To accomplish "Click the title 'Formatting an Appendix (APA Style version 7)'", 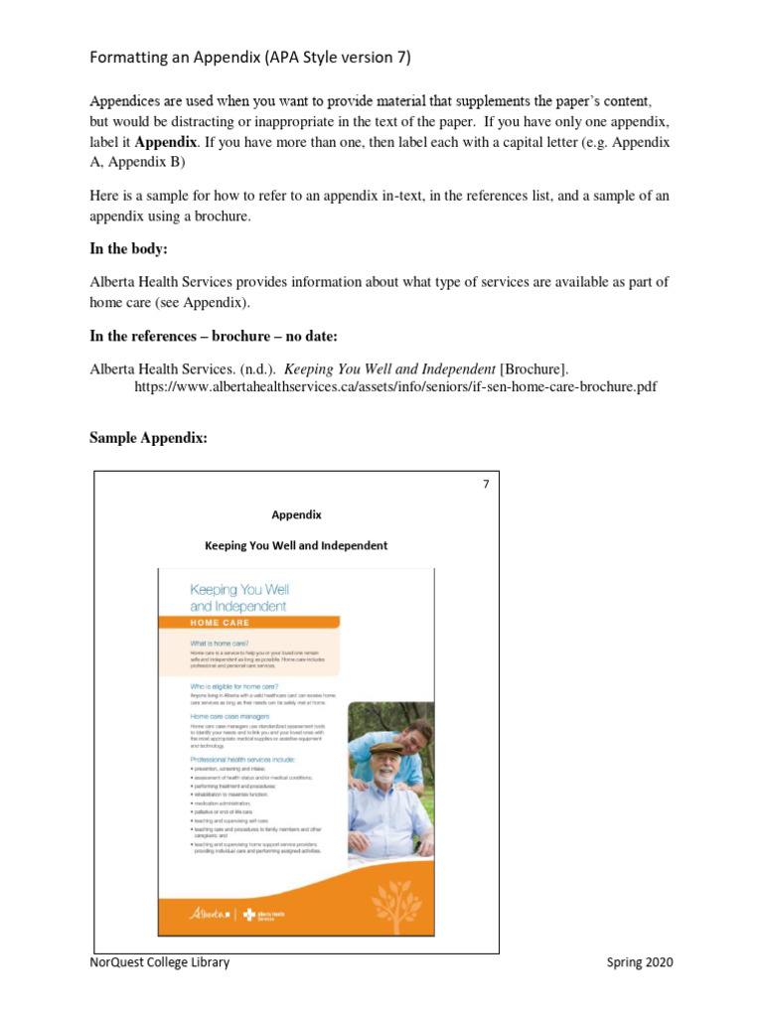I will coord(249,57).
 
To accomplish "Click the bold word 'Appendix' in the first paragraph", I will coord(165,142).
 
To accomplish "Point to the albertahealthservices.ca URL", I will coord(394,386).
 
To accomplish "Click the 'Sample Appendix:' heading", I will coord(148,438).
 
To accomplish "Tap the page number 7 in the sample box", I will coord(486,485).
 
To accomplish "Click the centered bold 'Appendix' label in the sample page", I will coord(296,514).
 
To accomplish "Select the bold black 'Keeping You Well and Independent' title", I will coord(296,545).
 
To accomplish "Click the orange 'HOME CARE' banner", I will coord(221,623).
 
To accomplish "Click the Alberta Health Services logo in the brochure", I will coord(263,914).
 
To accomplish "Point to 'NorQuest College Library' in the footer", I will coord(159,962).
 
